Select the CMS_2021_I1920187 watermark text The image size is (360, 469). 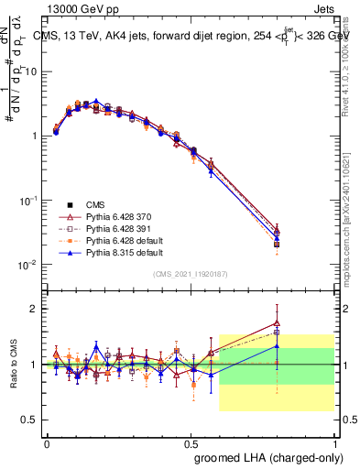(x=190, y=275)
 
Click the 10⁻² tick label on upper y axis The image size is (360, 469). (x=28, y=264)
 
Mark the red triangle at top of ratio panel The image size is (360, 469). (x=277, y=322)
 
